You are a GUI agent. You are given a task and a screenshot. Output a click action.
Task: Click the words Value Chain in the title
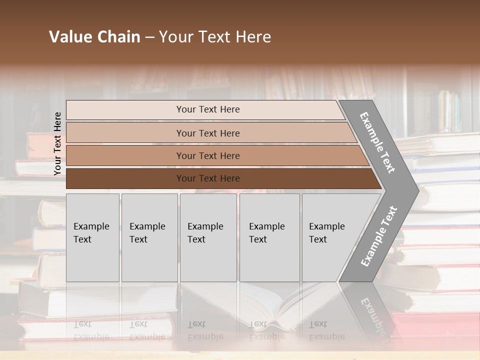tap(94, 37)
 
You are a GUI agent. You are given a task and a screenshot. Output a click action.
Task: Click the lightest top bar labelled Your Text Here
tap(207, 109)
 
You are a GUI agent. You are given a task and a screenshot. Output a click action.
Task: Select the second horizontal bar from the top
tap(207, 133)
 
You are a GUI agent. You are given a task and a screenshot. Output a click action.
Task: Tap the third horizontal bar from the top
tap(207, 155)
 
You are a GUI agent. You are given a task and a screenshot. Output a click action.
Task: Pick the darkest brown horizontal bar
tap(207, 178)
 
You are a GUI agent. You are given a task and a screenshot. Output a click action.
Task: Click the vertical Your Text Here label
tap(57, 143)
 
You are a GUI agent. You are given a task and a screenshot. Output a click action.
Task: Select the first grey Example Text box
tap(92, 237)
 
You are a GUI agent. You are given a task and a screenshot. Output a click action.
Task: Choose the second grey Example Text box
tap(149, 237)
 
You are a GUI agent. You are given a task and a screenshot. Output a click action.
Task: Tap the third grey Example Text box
tap(208, 237)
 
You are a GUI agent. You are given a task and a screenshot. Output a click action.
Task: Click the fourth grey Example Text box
tap(269, 237)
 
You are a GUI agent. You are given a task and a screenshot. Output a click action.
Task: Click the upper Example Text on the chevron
tap(377, 142)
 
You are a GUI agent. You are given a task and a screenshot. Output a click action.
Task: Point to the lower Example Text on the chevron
tap(379, 236)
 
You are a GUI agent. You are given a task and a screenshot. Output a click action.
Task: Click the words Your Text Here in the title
tap(215, 37)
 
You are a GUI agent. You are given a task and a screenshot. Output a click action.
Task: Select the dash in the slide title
tap(149, 37)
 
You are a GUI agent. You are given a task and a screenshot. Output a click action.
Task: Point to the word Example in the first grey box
tap(91, 226)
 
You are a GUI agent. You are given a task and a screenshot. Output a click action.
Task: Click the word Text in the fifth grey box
tap(318, 239)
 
